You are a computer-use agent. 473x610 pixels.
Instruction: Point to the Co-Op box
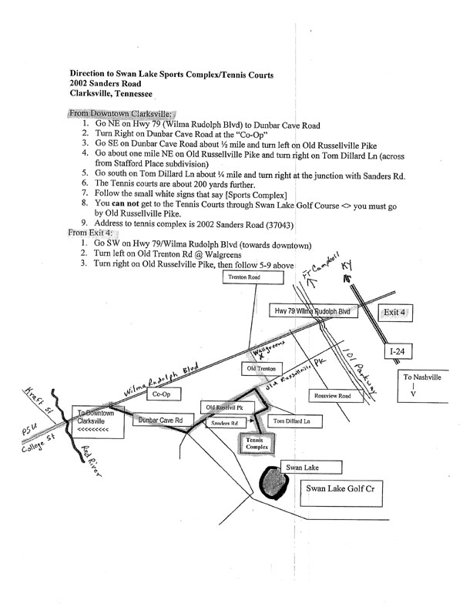click(x=161, y=394)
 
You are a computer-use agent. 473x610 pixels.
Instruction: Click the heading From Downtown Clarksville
click(x=120, y=113)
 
